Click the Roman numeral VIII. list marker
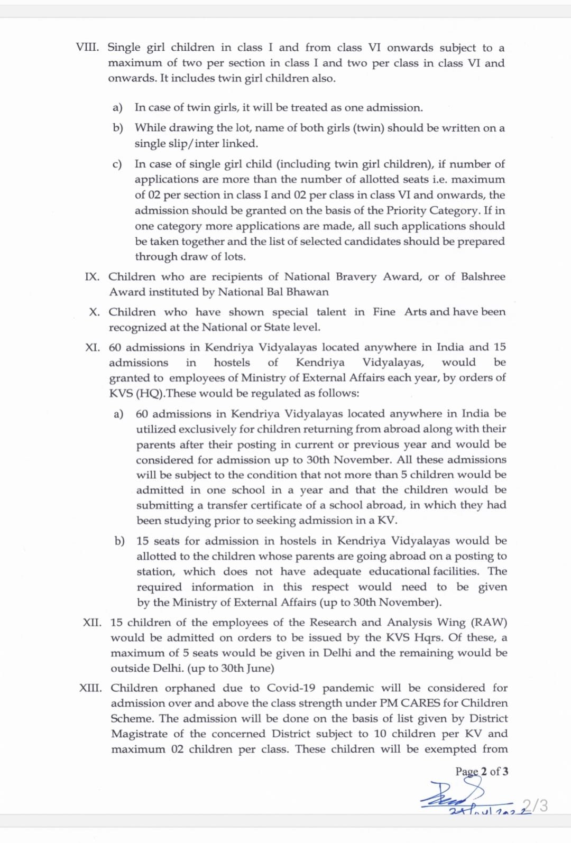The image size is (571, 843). click(x=87, y=47)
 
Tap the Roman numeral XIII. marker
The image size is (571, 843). click(x=90, y=688)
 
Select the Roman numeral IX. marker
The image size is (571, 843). click(x=92, y=277)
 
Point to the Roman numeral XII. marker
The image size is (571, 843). click(x=92, y=623)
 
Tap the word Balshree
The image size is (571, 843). click(x=483, y=277)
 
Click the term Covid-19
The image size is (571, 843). click(x=291, y=688)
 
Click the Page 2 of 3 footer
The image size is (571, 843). click(x=482, y=772)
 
